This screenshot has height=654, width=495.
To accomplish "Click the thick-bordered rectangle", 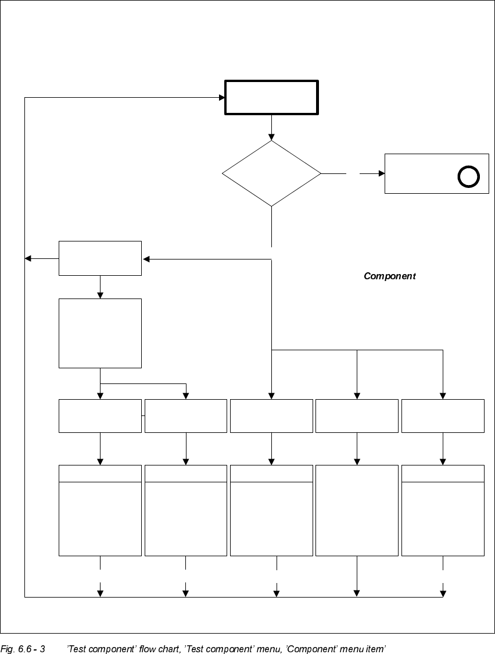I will pos(271,98).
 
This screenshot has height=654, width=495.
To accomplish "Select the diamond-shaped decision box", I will pos(271,173).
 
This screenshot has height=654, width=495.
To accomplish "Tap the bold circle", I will pos(468,176).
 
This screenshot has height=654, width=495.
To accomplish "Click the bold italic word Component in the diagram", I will pos(389,276).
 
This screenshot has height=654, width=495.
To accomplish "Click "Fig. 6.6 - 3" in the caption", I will pos(23,648).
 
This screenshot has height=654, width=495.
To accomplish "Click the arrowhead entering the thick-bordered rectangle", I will pos(222,98).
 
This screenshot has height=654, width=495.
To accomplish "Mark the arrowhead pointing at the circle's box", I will pos(382,173).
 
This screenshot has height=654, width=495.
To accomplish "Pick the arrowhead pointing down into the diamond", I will pos(271,137).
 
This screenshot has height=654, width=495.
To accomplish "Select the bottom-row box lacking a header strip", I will pos(357,510).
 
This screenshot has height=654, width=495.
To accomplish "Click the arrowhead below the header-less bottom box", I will pos(357,593).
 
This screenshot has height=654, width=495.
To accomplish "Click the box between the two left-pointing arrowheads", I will pos(100,258).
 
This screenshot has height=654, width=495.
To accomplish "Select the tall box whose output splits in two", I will pos(100,333).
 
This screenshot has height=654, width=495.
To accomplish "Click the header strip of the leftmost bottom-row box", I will pos(100,474).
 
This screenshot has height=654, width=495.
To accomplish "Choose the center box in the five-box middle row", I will pos(271,416).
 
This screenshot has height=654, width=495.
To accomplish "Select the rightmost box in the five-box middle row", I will pos(443,416).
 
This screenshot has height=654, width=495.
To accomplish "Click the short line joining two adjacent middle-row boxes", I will pos(143,416).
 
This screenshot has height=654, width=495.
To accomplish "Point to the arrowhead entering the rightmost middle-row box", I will pos(443,396).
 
